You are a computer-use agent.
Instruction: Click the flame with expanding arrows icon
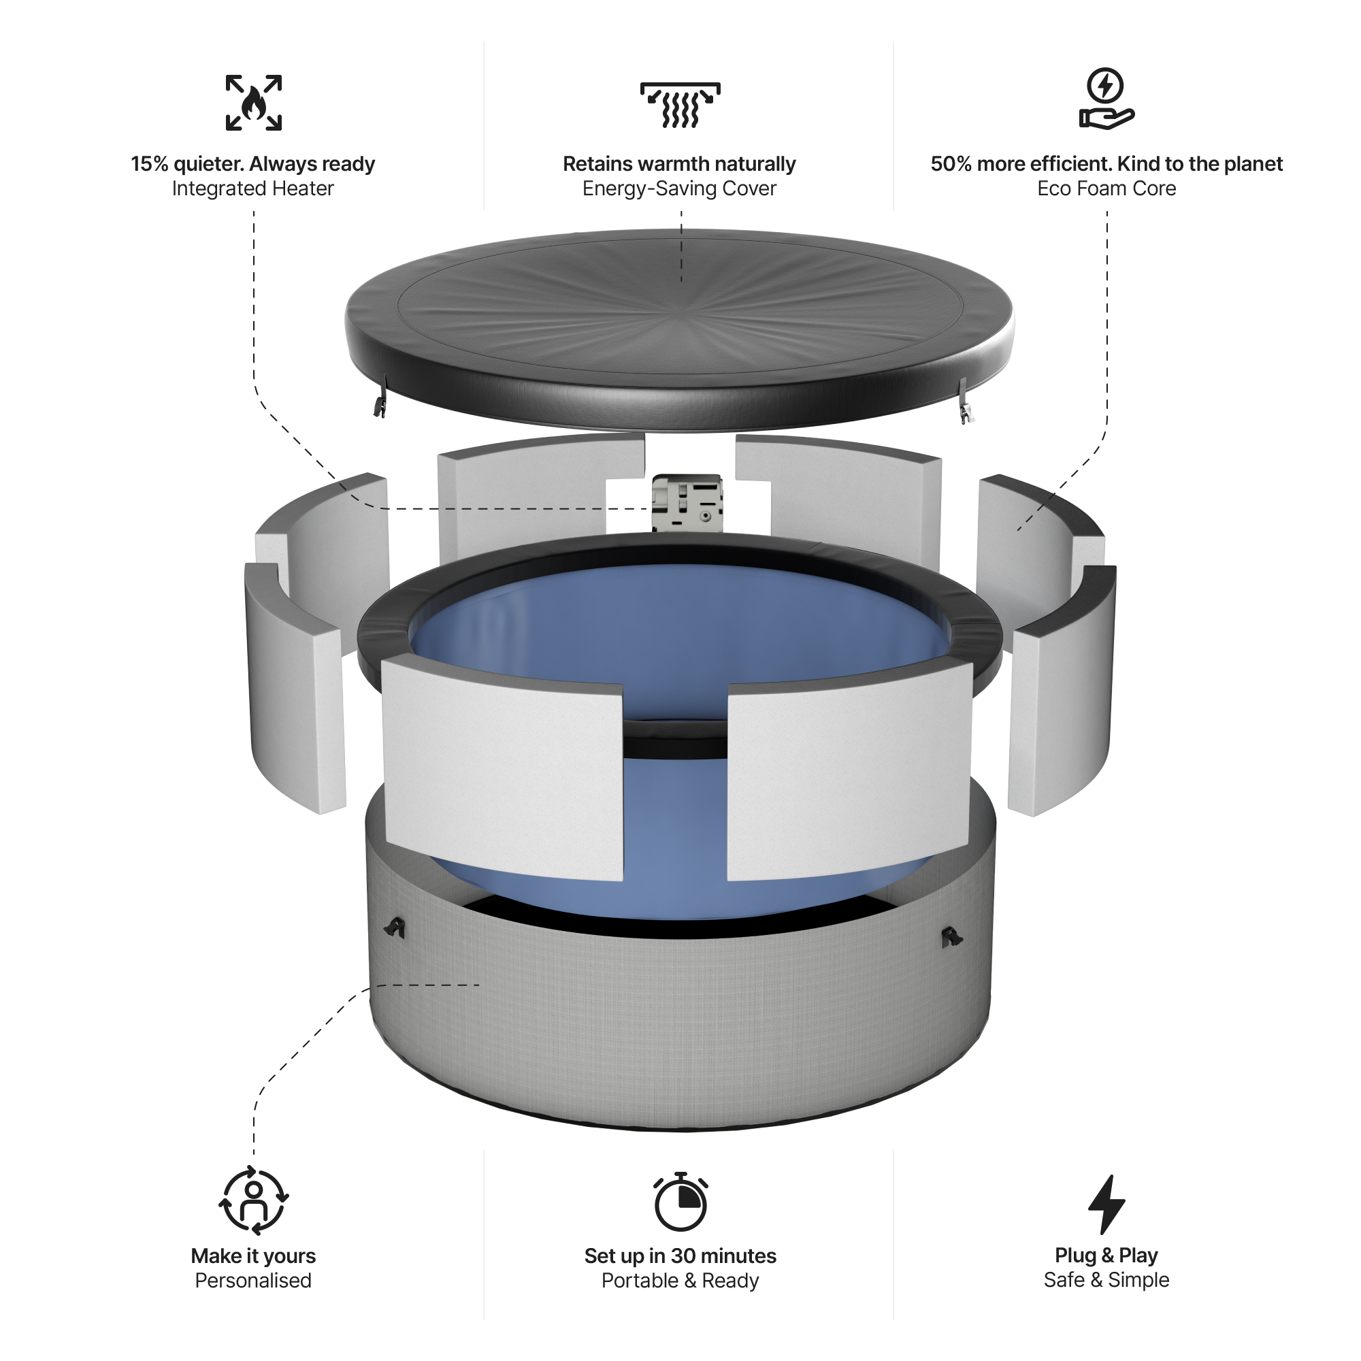(x=254, y=103)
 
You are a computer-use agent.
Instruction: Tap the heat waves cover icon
(x=680, y=105)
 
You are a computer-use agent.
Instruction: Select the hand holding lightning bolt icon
(x=1106, y=99)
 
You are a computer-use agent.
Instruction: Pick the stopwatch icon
(x=680, y=1202)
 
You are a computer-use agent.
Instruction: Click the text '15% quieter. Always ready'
(x=253, y=164)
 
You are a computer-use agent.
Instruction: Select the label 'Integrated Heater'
(x=253, y=188)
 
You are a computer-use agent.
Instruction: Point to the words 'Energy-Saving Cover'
(x=680, y=188)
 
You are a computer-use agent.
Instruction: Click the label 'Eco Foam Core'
(x=1106, y=188)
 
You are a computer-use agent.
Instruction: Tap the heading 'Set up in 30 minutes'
(x=680, y=1256)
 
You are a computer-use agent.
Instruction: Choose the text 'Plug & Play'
(x=1106, y=1256)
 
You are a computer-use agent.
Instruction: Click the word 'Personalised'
(x=253, y=1281)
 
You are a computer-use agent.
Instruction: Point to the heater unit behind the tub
(x=687, y=503)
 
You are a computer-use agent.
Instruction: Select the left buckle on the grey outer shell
(x=396, y=928)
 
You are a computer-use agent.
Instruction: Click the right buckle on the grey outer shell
(x=952, y=936)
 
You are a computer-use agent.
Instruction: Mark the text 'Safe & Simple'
(x=1106, y=1280)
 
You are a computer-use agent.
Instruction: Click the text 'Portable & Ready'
(x=680, y=1281)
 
